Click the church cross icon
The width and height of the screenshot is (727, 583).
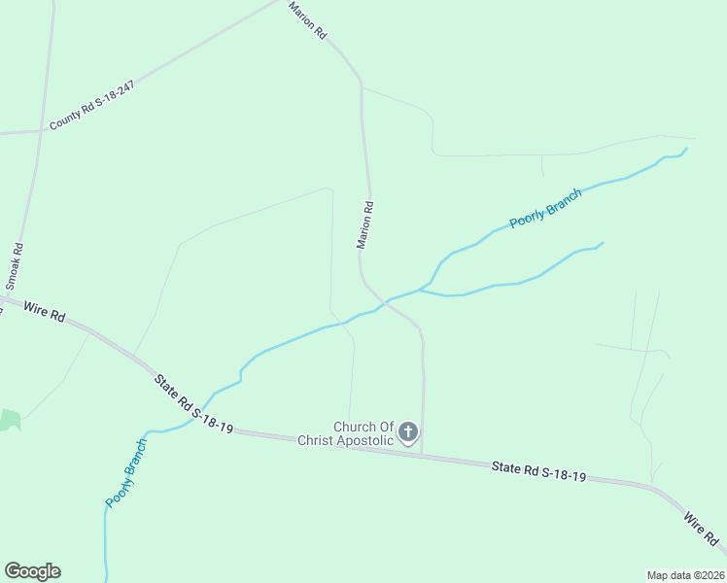409,431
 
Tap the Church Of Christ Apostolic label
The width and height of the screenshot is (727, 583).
363,433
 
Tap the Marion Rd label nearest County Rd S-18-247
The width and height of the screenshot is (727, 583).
308,19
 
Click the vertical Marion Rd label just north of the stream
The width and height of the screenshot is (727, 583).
364,225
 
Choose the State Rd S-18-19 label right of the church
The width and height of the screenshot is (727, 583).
538,471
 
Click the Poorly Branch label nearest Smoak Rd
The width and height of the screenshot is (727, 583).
126,472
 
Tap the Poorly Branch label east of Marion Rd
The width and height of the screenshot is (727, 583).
545,208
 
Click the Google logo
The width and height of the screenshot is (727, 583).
32,571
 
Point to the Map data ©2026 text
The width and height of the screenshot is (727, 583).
684,574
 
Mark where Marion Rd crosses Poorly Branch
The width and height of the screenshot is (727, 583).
385,301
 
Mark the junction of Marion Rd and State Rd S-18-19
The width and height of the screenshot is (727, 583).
422,454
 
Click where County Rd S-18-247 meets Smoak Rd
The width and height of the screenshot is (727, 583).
41,130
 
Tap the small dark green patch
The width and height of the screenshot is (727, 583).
9,420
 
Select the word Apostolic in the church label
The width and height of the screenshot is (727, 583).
373,440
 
